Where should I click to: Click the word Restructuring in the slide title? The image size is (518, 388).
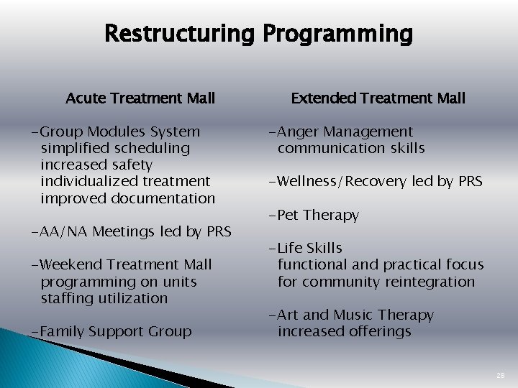coord(180,34)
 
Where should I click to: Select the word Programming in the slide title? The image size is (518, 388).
coord(337,34)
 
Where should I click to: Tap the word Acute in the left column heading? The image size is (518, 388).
coord(85,98)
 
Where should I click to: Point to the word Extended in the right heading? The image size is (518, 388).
coord(320,98)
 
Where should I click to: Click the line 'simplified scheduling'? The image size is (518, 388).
coord(115,149)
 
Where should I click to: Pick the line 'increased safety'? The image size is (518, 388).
coord(96,165)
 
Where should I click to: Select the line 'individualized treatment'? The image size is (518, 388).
coord(125,182)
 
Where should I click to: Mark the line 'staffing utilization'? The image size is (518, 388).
coord(104,297)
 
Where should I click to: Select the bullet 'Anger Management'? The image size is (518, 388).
coord(341,132)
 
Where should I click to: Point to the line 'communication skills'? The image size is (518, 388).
coord(351,149)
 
